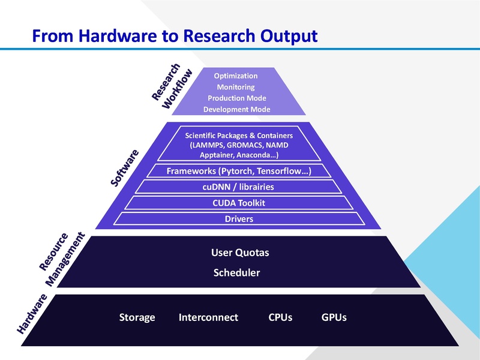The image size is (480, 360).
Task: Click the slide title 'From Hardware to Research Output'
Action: point(174,35)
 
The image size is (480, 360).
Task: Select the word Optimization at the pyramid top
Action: point(236,76)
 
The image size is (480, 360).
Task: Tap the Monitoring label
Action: point(236,87)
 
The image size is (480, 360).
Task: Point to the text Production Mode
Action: point(236,98)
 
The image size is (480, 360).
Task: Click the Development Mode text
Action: point(236,109)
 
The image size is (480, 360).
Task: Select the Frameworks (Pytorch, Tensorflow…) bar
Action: point(239,171)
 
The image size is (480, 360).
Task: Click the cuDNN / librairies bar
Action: point(239,187)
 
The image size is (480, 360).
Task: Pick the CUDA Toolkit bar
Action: point(239,203)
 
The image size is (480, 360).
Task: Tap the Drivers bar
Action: point(239,219)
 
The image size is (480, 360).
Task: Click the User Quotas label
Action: point(240,253)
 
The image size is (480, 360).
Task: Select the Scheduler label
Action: point(236,273)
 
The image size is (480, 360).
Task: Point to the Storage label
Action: point(137,317)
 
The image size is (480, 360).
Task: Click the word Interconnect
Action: point(208,317)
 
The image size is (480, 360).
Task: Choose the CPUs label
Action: point(280,317)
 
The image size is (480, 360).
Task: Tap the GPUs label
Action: point(334,317)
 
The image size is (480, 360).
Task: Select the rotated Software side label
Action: point(125,168)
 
